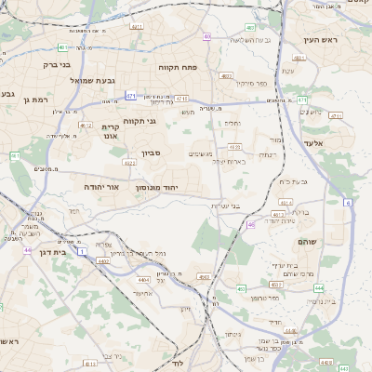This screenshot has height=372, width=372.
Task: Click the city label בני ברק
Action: coord(57,65)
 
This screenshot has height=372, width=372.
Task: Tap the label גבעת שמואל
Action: coord(91,81)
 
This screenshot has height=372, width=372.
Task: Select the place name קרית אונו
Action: coord(110,130)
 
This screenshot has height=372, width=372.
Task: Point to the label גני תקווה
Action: coord(165,122)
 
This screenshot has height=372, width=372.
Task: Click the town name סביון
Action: coord(152,153)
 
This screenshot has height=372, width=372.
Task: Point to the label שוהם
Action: coord(310,241)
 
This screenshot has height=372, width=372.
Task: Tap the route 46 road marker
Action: coord(250,225)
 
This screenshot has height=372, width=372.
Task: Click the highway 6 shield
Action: coord(347,202)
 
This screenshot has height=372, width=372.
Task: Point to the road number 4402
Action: coord(102,262)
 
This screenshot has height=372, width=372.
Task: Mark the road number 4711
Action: coord(336,116)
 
